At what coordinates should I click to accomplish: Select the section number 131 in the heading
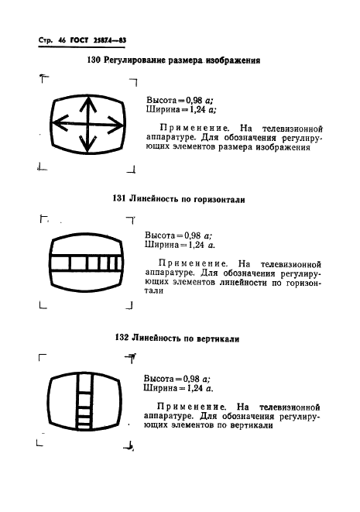pos(120,199)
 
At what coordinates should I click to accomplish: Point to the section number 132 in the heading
pos(122,338)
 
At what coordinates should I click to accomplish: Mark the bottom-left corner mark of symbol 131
pos(43,307)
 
